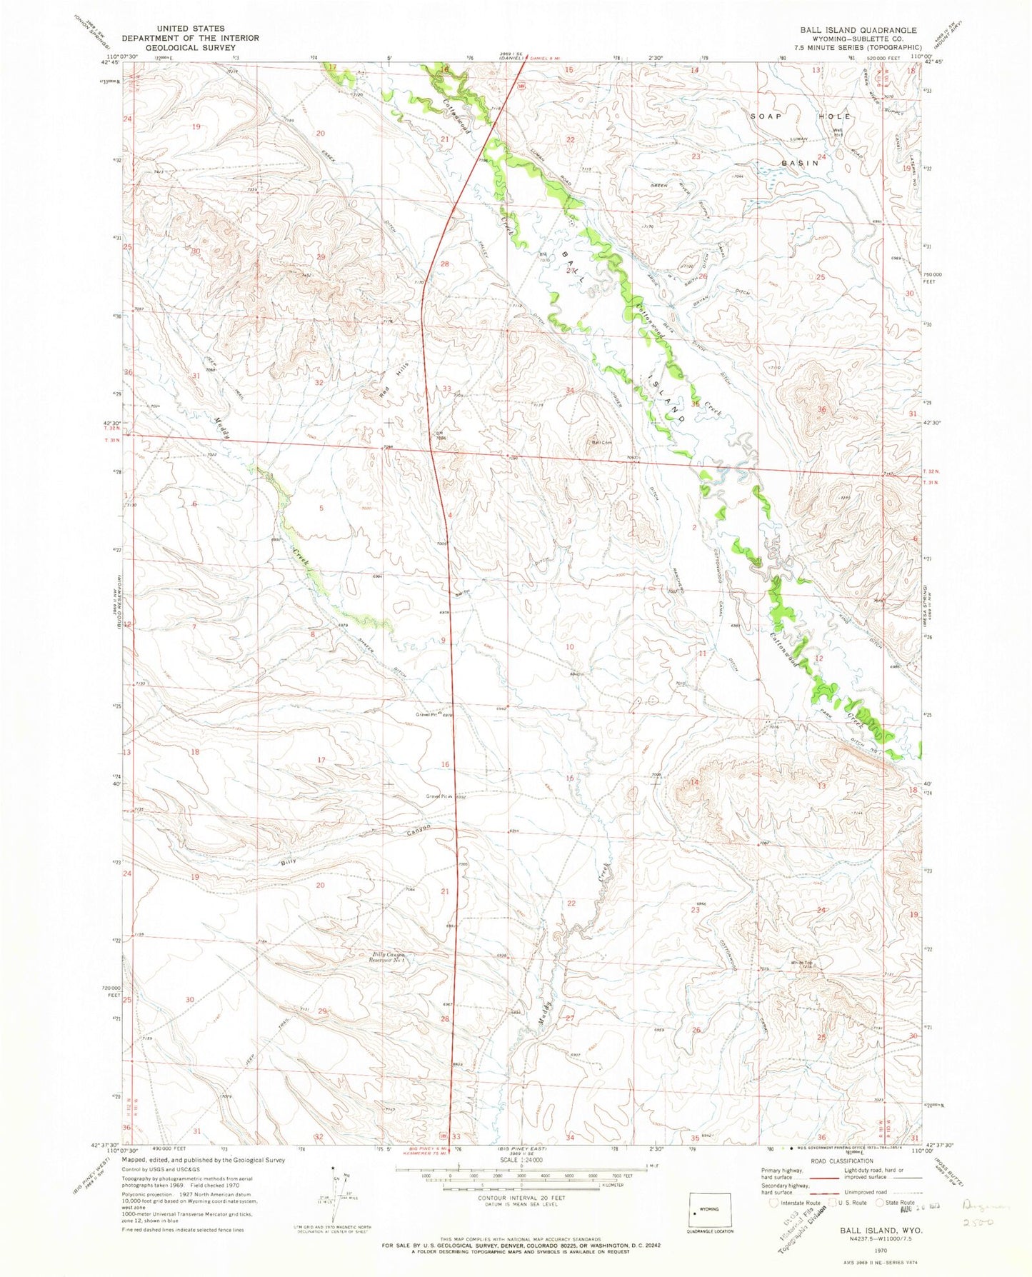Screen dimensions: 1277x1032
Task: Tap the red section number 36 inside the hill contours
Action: pos(821,409)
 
